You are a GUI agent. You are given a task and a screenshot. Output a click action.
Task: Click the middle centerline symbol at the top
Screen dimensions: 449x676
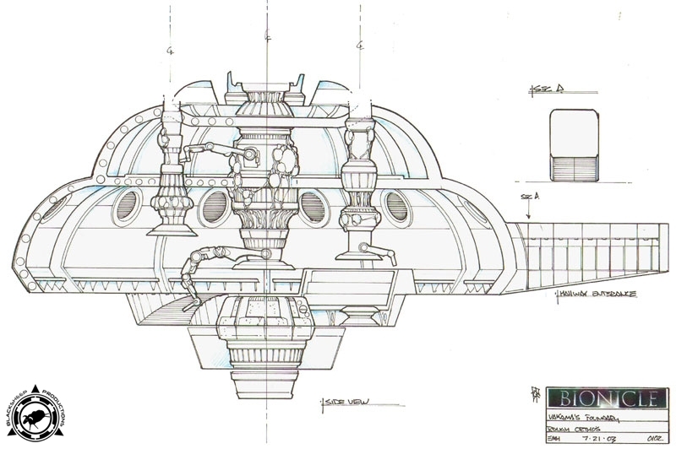click(268, 36)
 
